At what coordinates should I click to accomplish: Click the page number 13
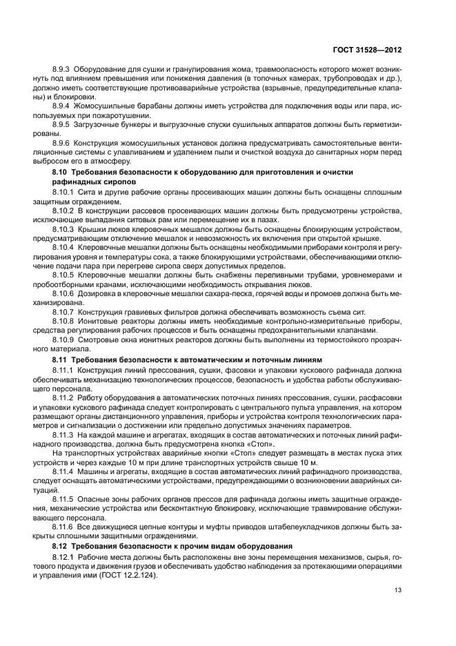397,589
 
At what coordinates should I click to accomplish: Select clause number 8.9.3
63,70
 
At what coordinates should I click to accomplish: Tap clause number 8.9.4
63,106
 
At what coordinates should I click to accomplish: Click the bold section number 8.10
62,170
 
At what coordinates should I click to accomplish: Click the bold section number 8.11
62,359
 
